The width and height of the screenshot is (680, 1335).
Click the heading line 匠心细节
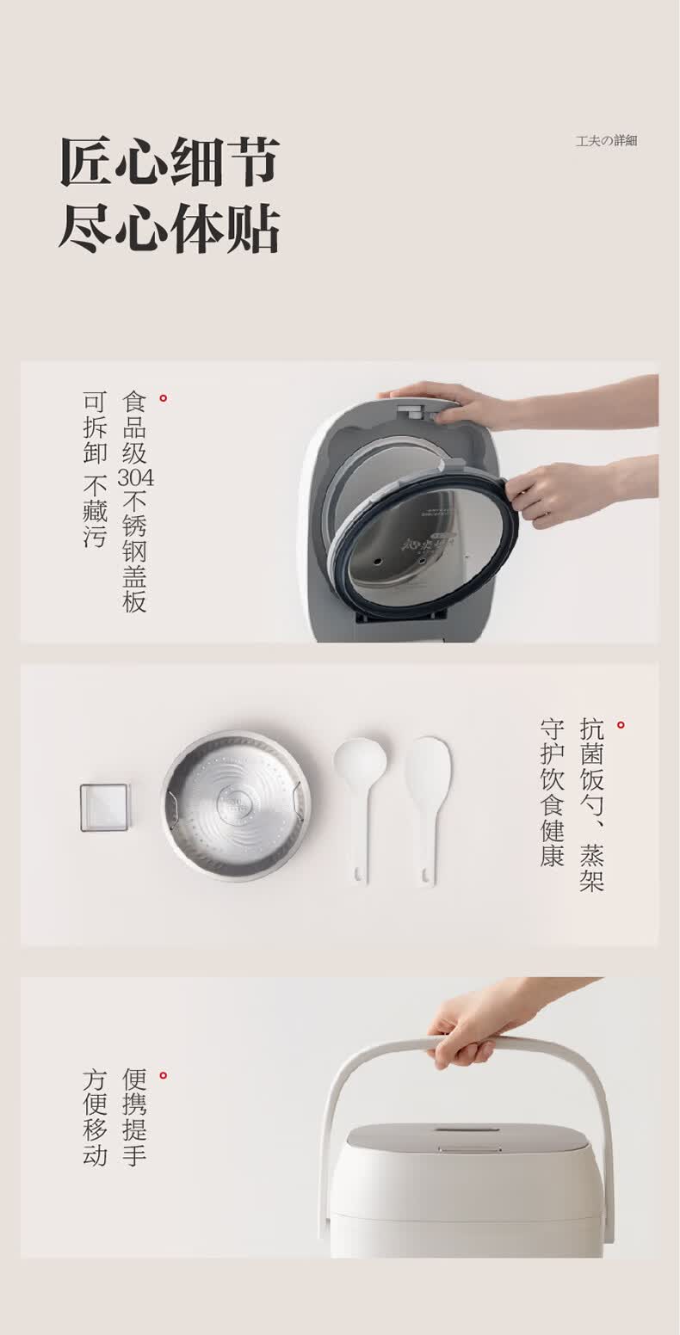[170, 162]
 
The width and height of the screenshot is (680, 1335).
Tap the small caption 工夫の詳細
[606, 141]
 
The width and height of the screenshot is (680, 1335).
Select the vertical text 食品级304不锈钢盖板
[135, 501]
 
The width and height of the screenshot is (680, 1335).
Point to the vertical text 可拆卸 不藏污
[95, 469]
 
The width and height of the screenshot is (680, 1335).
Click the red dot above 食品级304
[163, 398]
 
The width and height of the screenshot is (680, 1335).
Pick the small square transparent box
[104, 808]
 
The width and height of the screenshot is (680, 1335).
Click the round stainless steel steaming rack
[237, 806]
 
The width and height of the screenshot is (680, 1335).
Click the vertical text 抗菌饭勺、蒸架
[591, 804]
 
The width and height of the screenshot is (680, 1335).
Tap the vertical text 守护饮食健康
[553, 792]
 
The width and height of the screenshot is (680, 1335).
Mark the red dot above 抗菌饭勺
[621, 725]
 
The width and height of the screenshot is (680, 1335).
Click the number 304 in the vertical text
[135, 477]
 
